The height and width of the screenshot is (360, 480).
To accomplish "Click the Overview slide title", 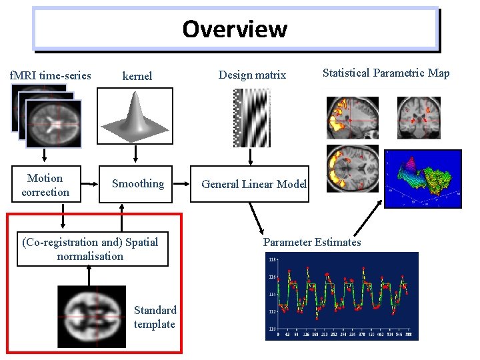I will point(235,29).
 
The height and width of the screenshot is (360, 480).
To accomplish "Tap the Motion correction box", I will point(45,185).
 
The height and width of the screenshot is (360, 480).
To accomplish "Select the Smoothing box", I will point(137,183).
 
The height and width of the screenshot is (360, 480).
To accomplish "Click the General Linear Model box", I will point(253,184).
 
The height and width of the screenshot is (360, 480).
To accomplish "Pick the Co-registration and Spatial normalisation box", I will point(90,249).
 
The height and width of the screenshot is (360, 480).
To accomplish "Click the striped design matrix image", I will point(252,117).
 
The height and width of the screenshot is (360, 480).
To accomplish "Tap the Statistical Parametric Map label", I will point(386,73).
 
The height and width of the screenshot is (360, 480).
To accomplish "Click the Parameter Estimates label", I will point(312,242).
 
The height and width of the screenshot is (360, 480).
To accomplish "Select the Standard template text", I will point(155,317).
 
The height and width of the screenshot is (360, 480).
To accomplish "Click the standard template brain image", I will point(91,316).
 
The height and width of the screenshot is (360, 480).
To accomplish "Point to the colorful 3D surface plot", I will point(424,179).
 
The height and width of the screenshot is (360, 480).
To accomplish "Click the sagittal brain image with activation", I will point(352,117).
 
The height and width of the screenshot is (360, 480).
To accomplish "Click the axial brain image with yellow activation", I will point(352,168).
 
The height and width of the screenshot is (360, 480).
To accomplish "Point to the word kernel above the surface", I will point(137,76).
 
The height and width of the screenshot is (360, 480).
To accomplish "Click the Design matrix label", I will point(252,75).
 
